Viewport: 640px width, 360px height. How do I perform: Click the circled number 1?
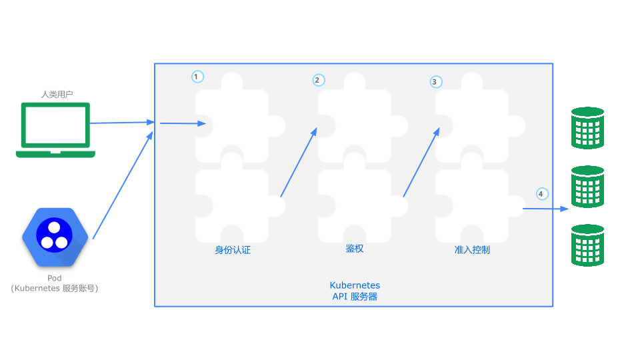click(197, 77)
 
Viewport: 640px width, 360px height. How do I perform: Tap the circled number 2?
click(319, 80)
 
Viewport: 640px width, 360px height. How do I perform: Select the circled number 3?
click(436, 81)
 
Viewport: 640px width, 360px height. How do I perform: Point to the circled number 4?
click(542, 194)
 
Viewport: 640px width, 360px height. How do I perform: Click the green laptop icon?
click(55, 130)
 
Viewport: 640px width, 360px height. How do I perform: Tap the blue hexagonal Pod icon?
click(55, 237)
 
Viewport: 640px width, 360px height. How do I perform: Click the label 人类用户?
click(57, 94)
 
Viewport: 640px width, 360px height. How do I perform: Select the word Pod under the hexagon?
click(54, 278)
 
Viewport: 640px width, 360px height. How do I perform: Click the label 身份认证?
click(233, 250)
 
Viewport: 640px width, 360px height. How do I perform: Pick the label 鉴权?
click(355, 249)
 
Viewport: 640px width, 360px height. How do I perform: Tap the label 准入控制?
click(472, 250)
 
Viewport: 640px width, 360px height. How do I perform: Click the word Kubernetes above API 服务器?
click(355, 285)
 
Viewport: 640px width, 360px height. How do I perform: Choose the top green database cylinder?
click(588, 128)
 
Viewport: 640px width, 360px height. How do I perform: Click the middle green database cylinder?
click(588, 187)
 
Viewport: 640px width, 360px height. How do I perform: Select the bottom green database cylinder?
click(588, 245)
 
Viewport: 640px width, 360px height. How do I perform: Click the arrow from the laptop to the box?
click(122, 123)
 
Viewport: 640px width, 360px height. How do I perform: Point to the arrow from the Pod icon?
click(123, 185)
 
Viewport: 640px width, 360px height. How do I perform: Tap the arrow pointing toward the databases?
click(546, 209)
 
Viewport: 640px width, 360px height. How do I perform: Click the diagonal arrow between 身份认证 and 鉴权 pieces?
click(299, 163)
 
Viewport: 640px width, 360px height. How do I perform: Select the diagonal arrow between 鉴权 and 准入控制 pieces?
click(421, 163)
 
